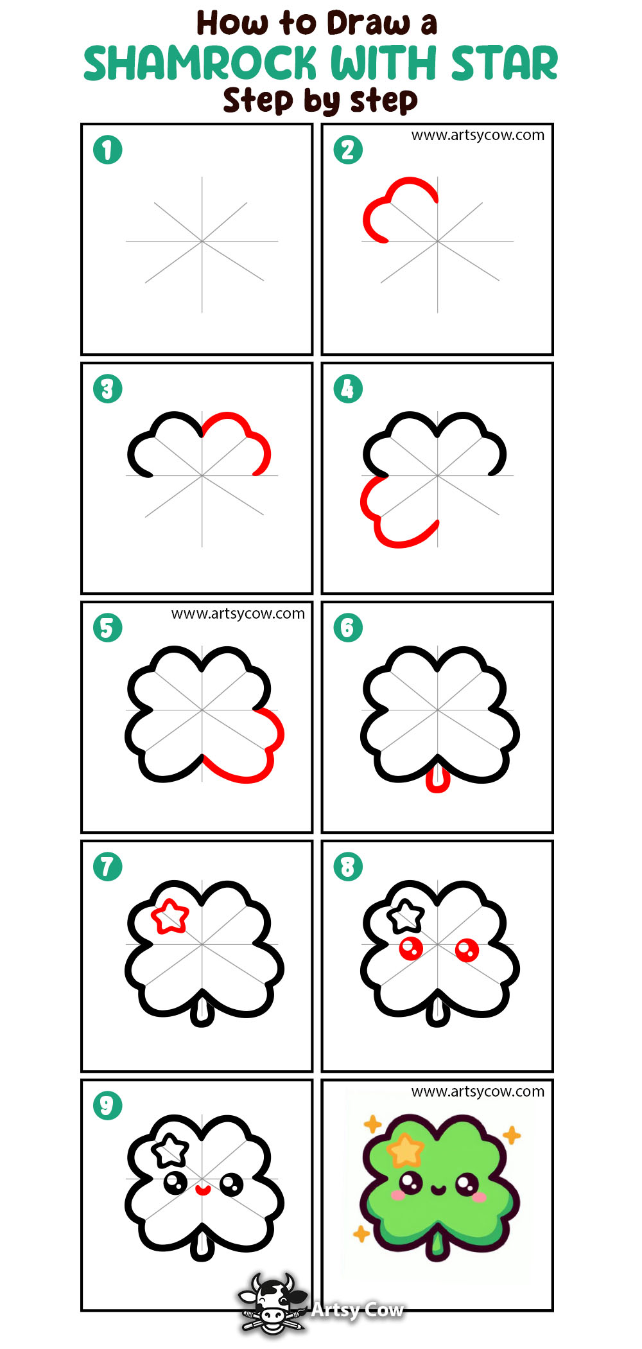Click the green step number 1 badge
pyautogui.click(x=107, y=150)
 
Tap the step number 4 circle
pyautogui.click(x=348, y=389)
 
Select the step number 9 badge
pyautogui.click(x=107, y=1106)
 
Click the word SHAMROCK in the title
pyautogui.click(x=200, y=64)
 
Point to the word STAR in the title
pyautogui.click(x=504, y=64)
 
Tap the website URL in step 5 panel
pyautogui.click(x=238, y=613)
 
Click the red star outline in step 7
pyautogui.click(x=170, y=917)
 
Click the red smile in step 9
pyautogui.click(x=203, y=1190)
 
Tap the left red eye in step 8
pyautogui.click(x=411, y=948)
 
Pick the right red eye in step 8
pyautogui.click(x=467, y=949)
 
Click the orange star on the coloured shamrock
pyautogui.click(x=405, y=1150)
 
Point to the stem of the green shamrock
pyautogui.click(x=438, y=1245)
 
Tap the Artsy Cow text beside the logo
pyautogui.click(x=357, y=1309)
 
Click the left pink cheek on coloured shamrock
pyautogui.click(x=399, y=1195)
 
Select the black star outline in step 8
pyautogui.click(x=407, y=916)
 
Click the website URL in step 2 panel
pyautogui.click(x=478, y=135)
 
